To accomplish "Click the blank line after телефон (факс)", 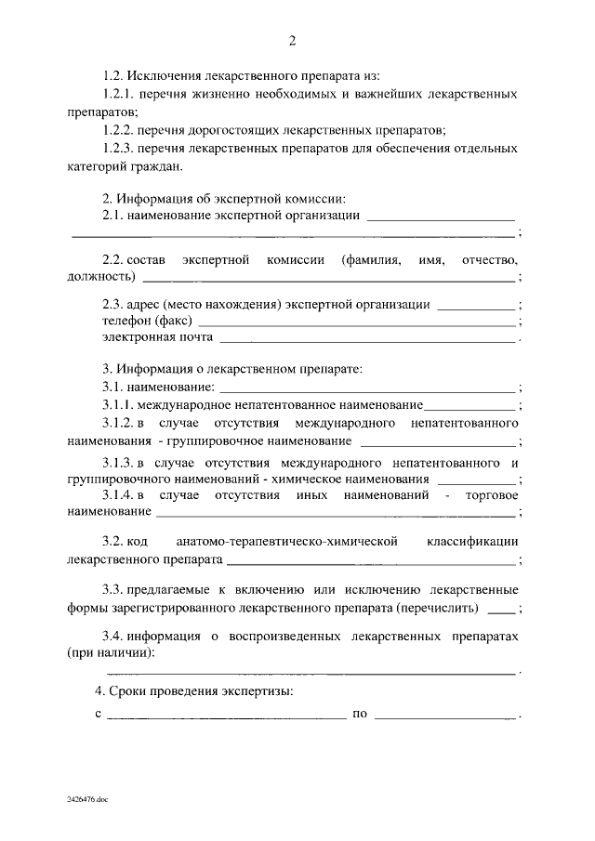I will [x=357, y=322].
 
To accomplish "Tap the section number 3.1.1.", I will [x=119, y=405].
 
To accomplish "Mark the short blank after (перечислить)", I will [x=500, y=611].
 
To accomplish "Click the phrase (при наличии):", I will [x=111, y=653].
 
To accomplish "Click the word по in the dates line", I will [x=360, y=716].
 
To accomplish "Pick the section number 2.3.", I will [x=113, y=305].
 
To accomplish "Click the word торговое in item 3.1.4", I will [x=490, y=494].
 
